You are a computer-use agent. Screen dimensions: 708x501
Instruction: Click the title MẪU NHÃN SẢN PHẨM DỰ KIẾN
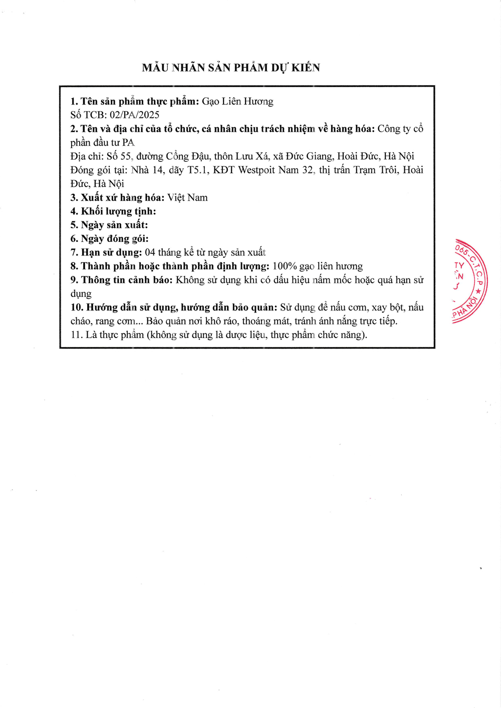pyautogui.click(x=231, y=68)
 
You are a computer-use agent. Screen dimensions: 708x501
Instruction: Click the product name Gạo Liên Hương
pyautogui.click(x=237, y=102)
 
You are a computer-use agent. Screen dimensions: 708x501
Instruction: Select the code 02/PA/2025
pyautogui.click(x=134, y=115)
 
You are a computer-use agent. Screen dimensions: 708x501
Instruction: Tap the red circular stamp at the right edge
pyautogui.click(x=470, y=281)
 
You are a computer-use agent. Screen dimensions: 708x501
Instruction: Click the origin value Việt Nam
pyautogui.click(x=187, y=198)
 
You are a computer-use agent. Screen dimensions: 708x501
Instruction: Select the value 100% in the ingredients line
pyautogui.click(x=285, y=266)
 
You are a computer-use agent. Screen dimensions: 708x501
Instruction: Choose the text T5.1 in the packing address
pyautogui.click(x=198, y=170)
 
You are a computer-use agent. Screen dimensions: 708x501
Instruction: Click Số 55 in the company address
pyautogui.click(x=119, y=157)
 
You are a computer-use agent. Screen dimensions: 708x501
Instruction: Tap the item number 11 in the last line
pyautogui.click(x=76, y=335)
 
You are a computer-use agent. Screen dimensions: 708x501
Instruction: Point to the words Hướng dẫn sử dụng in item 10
pyautogui.click(x=131, y=307)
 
